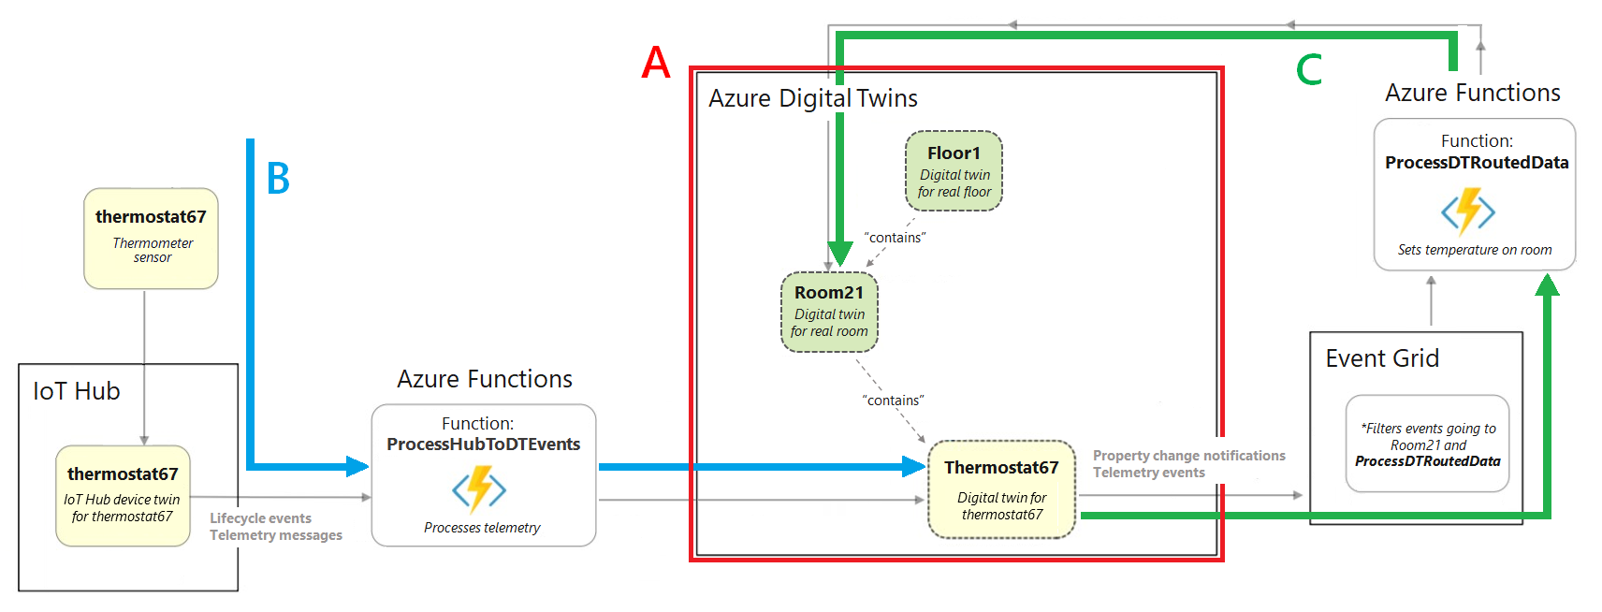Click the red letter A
tap(656, 64)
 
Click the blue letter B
tap(278, 179)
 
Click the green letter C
tap(1309, 70)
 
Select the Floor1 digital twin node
tap(954, 170)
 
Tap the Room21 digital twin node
tap(829, 312)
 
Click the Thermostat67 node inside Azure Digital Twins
tap(1001, 488)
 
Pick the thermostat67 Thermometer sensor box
tap(151, 238)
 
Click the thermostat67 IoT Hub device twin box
tap(123, 495)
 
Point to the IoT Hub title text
tap(77, 391)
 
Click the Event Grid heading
tap(1382, 358)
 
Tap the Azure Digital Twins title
tap(812, 98)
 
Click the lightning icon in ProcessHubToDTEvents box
tap(479, 488)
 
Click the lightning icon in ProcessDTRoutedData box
tap(1468, 211)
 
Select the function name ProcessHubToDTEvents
tap(483, 444)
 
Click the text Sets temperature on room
tap(1474, 250)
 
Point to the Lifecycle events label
tap(260, 518)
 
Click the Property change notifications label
tap(1188, 456)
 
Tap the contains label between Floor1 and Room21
tap(895, 238)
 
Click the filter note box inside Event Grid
tap(1427, 444)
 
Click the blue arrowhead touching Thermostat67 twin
tap(914, 466)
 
